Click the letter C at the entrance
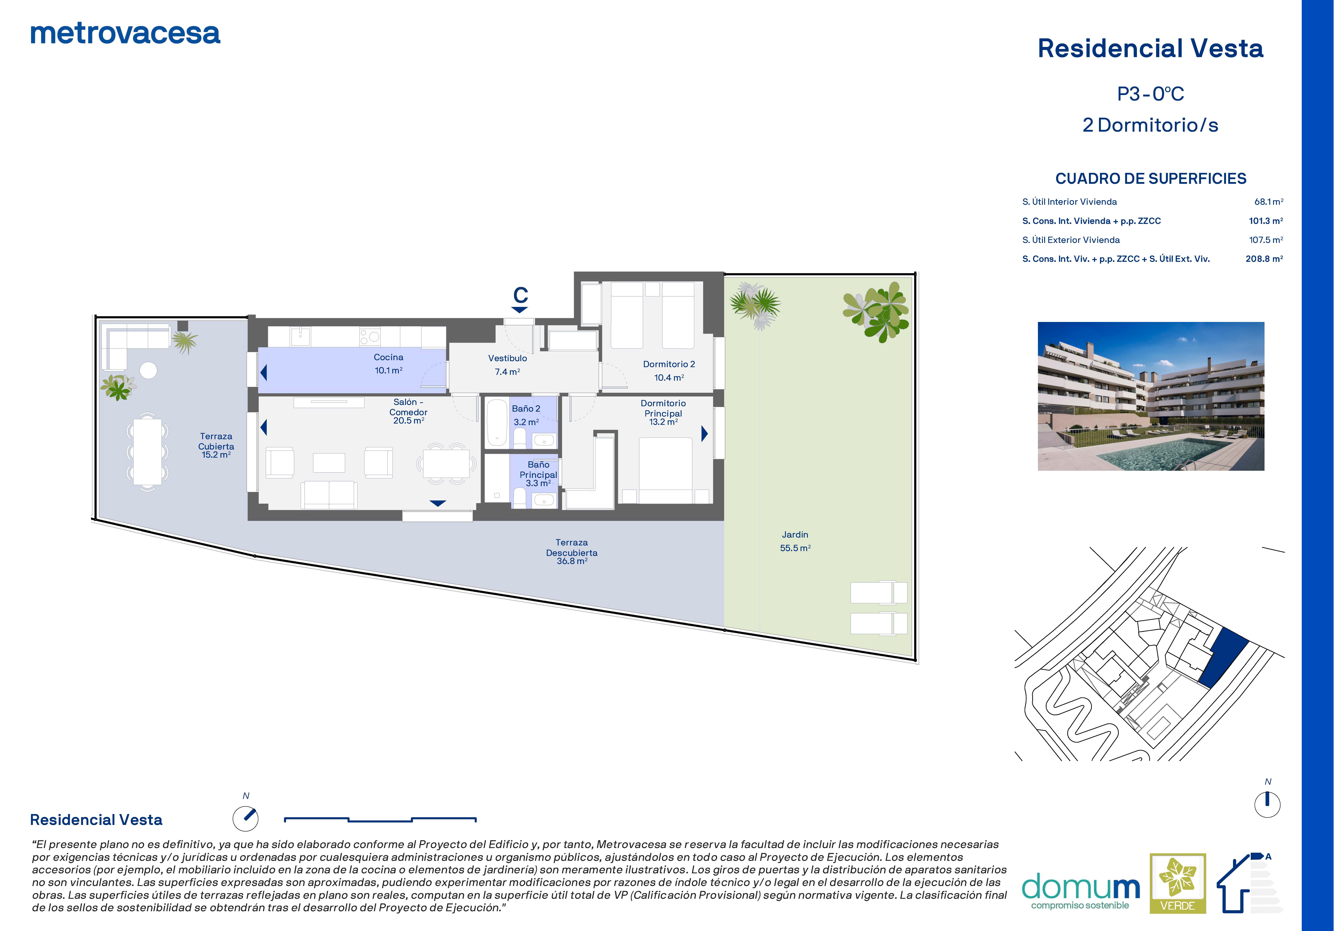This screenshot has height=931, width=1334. point(521,295)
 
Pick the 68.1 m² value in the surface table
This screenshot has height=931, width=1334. point(1268,202)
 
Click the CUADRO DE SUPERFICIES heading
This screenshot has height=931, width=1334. point(1150,178)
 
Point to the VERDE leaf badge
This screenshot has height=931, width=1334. point(1178,883)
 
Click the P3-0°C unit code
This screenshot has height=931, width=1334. point(1150,94)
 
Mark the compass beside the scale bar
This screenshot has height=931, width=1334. point(246,818)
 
